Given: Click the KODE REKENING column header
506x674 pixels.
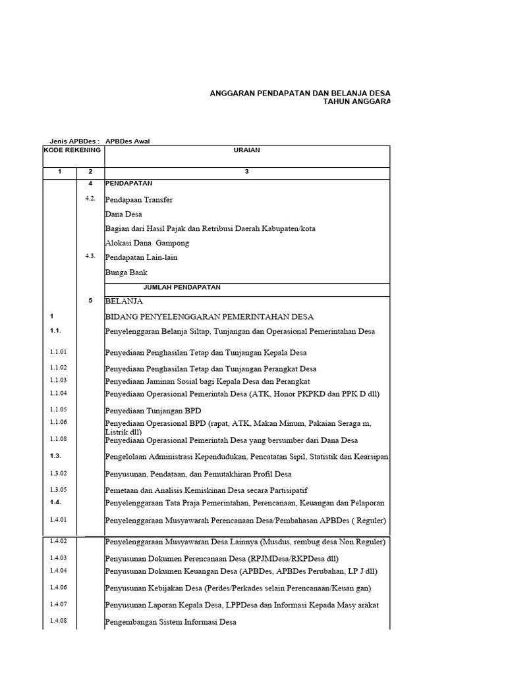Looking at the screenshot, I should (72, 150).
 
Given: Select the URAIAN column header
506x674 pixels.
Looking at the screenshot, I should (246, 150).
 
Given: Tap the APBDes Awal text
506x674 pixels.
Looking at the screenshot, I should (132, 141).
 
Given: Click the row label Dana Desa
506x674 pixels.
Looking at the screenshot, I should (123, 214).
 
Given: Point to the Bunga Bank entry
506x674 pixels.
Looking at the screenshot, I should (126, 272).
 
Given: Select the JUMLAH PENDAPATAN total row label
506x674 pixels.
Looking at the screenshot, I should (182, 287).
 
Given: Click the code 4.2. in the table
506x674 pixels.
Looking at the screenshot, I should (91, 198).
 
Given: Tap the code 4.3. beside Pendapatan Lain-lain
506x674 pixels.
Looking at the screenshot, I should (91, 256).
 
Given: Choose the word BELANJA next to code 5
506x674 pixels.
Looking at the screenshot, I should (124, 301).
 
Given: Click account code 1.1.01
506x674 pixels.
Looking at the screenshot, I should (58, 351).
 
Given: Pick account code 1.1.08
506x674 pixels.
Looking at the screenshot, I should (58, 438).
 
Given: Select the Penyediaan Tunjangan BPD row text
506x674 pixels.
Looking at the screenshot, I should (153, 410).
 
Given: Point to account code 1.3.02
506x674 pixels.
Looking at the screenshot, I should (58, 473).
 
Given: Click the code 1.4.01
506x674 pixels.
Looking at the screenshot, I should (58, 519).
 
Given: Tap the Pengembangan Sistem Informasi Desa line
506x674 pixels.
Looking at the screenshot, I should (171, 622).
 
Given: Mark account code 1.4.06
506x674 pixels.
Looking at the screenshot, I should (58, 586).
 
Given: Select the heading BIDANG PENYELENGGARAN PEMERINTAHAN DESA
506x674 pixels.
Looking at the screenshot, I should (210, 317).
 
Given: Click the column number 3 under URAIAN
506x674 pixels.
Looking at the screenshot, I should (246, 171).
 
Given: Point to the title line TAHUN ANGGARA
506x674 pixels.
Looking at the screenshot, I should (356, 102).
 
